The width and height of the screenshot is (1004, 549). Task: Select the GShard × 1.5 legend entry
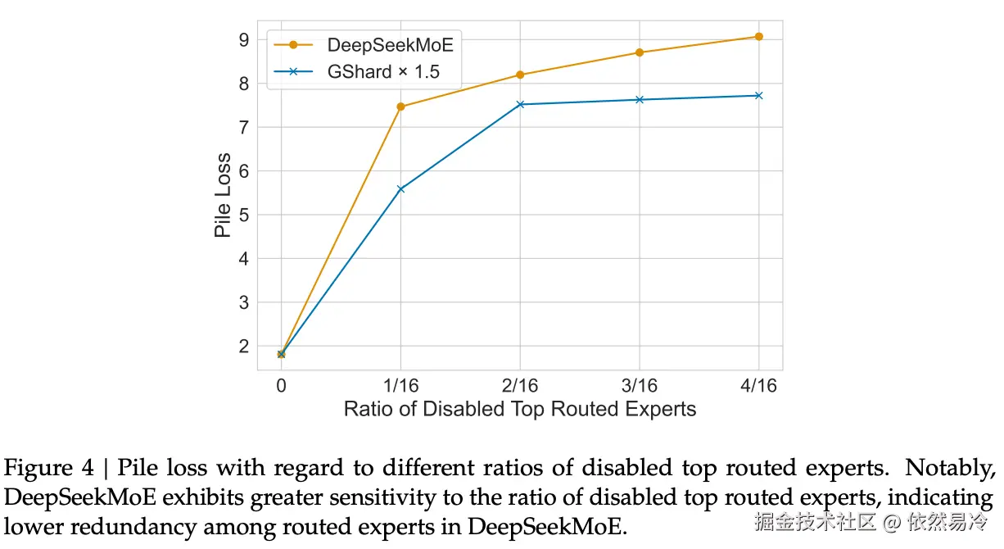click(383, 72)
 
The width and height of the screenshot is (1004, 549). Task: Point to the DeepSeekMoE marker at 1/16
click(400, 107)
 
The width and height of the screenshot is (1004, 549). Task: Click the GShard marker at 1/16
click(400, 189)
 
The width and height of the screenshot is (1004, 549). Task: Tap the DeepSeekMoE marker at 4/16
click(758, 37)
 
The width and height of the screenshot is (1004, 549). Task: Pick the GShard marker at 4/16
click(758, 96)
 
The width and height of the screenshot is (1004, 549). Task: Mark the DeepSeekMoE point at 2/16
click(520, 75)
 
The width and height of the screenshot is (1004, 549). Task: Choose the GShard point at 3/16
click(640, 100)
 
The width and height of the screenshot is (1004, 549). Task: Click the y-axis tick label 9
click(242, 39)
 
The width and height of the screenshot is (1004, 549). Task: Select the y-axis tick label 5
click(242, 215)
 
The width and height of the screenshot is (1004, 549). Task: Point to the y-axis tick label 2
click(242, 346)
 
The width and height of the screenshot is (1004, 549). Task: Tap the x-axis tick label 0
click(281, 385)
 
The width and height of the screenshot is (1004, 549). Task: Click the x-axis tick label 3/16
click(640, 385)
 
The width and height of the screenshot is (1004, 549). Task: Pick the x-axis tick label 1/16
click(400, 385)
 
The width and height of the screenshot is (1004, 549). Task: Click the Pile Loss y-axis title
click(223, 195)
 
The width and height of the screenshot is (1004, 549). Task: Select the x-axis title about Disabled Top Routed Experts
click(519, 409)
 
